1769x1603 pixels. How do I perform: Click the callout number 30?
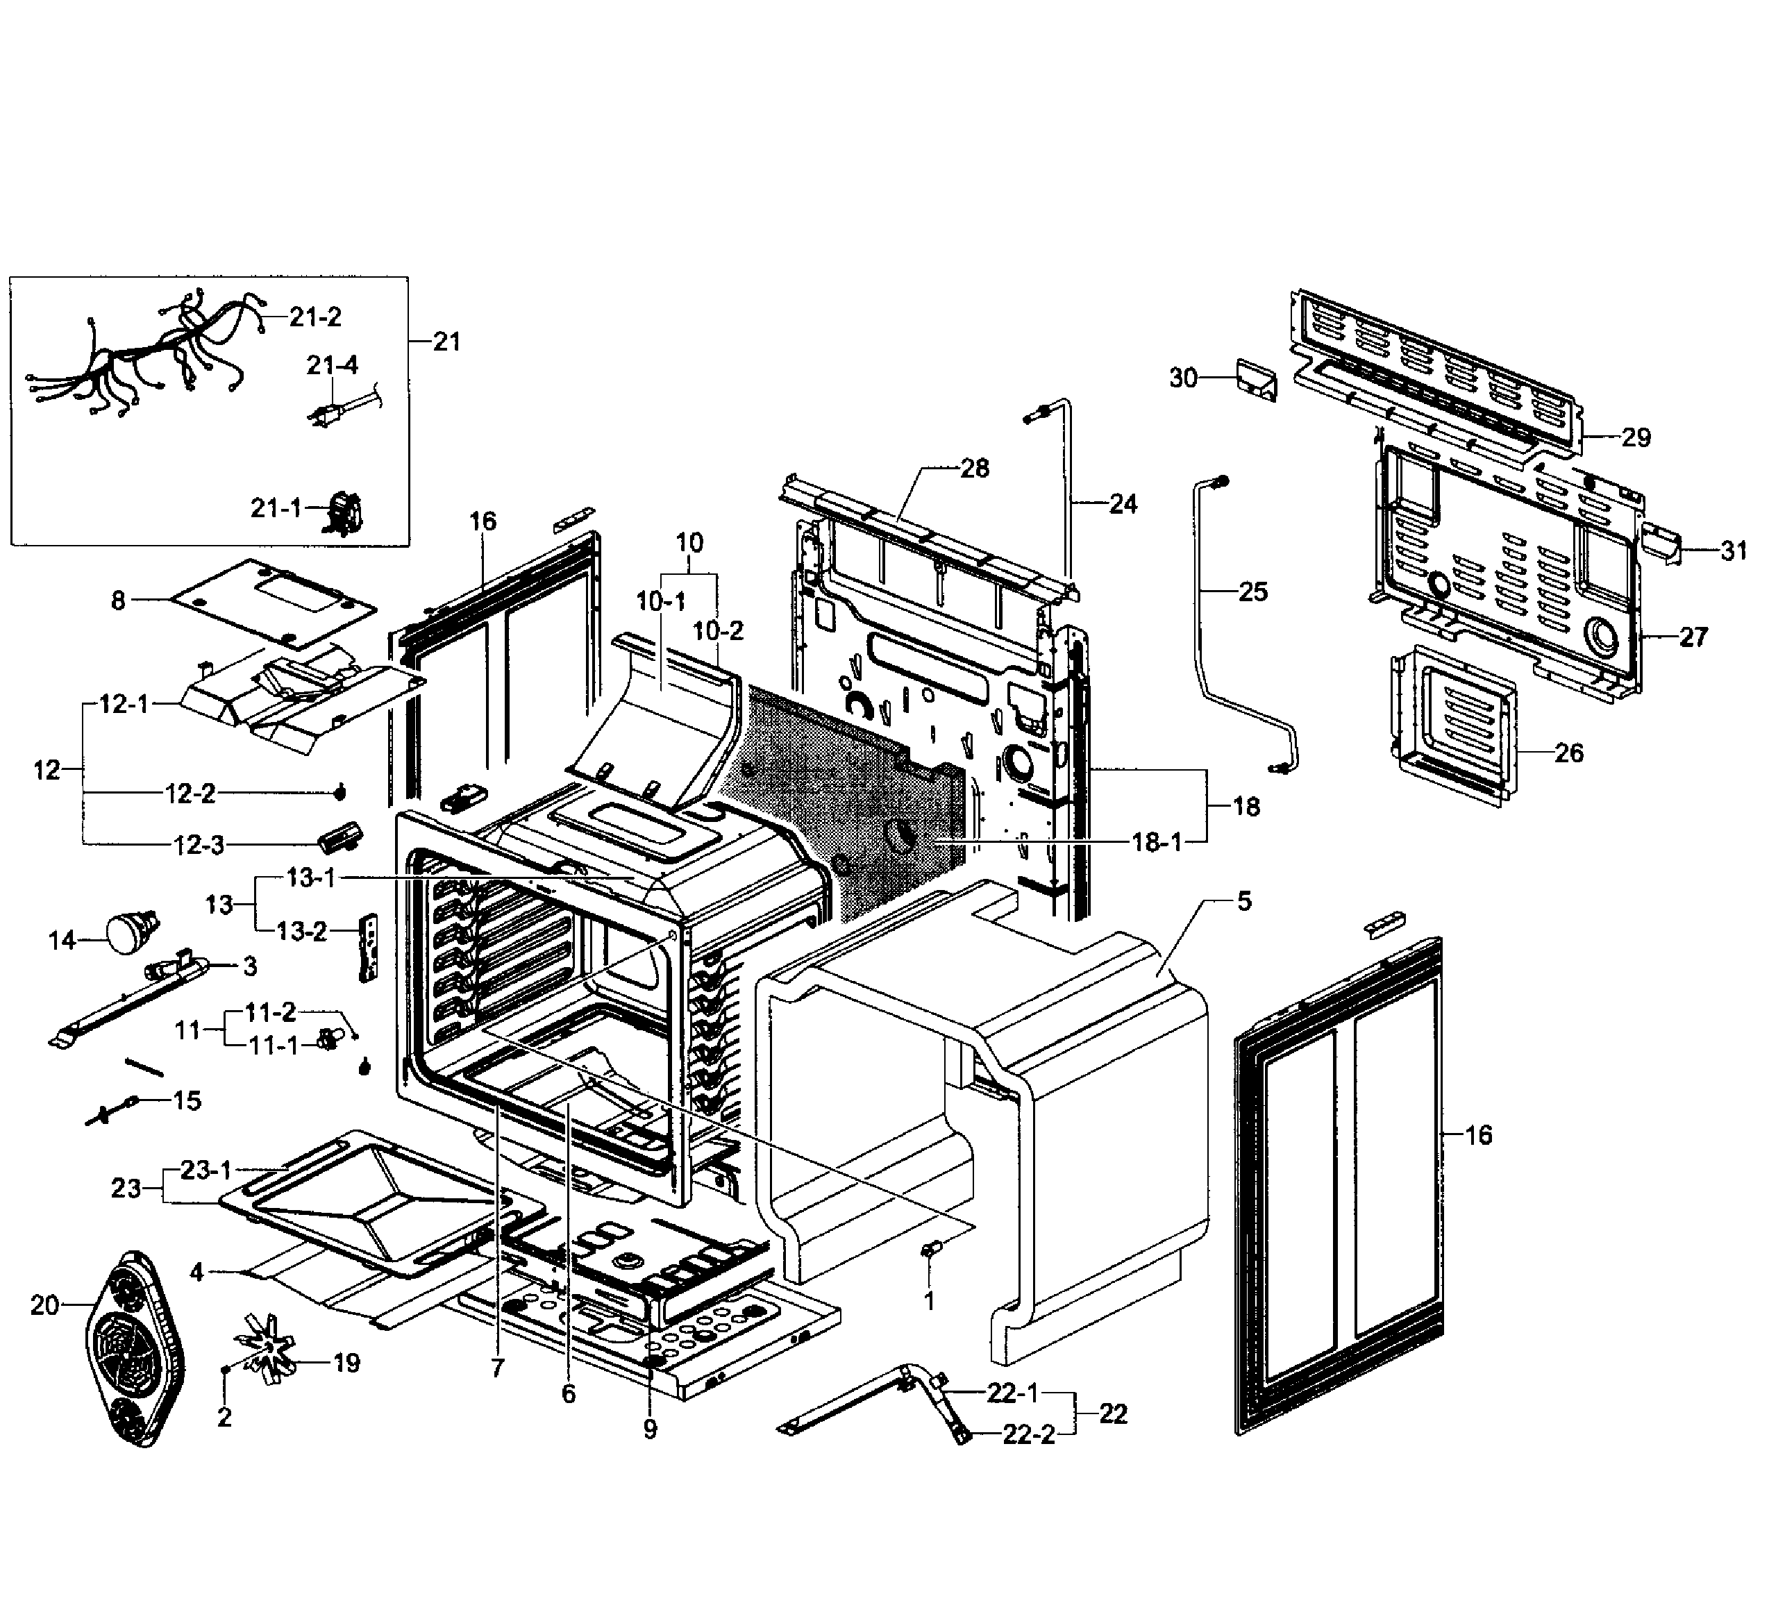[x=1184, y=378]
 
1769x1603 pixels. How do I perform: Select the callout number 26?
[x=1568, y=753]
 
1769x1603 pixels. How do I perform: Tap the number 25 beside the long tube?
[x=1253, y=592]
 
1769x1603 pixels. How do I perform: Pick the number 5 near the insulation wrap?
[x=1244, y=901]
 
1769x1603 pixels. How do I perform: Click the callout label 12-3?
[x=199, y=845]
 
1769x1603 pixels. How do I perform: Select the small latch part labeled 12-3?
[x=339, y=836]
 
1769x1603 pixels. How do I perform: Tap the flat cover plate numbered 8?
[x=272, y=604]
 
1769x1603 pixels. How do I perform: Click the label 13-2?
[x=302, y=931]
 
